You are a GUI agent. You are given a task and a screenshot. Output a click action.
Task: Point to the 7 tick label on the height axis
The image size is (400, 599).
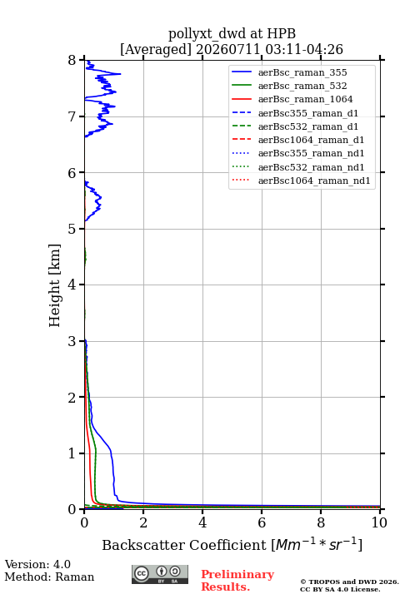[x=72, y=116]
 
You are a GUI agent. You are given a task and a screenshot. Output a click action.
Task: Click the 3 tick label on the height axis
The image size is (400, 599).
[x=72, y=341]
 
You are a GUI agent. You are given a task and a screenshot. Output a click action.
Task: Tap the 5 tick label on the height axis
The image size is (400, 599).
[x=72, y=229]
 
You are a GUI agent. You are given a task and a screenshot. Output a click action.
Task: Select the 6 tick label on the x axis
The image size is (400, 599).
[x=262, y=522]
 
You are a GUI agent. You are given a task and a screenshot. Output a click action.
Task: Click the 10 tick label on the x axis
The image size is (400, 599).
[x=379, y=522]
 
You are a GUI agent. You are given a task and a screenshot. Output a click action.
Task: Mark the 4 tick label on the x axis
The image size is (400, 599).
[x=202, y=522]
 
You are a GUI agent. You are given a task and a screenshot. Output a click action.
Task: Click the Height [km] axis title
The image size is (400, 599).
[x=55, y=285]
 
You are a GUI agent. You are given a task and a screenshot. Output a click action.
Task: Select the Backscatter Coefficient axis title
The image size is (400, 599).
[x=232, y=544]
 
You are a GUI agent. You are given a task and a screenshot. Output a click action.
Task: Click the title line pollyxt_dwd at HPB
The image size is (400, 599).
[x=232, y=34]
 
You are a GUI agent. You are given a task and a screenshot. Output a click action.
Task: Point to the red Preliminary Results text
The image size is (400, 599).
[x=237, y=581]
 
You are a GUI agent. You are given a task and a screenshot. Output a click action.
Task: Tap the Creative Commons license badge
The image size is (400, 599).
[x=160, y=574]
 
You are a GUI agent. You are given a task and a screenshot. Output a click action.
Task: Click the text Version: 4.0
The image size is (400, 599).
[x=37, y=564]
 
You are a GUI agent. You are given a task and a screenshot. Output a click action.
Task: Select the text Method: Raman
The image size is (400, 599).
[x=49, y=577]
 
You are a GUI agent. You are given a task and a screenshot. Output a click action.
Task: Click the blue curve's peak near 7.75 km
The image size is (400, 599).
[x=120, y=74]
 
